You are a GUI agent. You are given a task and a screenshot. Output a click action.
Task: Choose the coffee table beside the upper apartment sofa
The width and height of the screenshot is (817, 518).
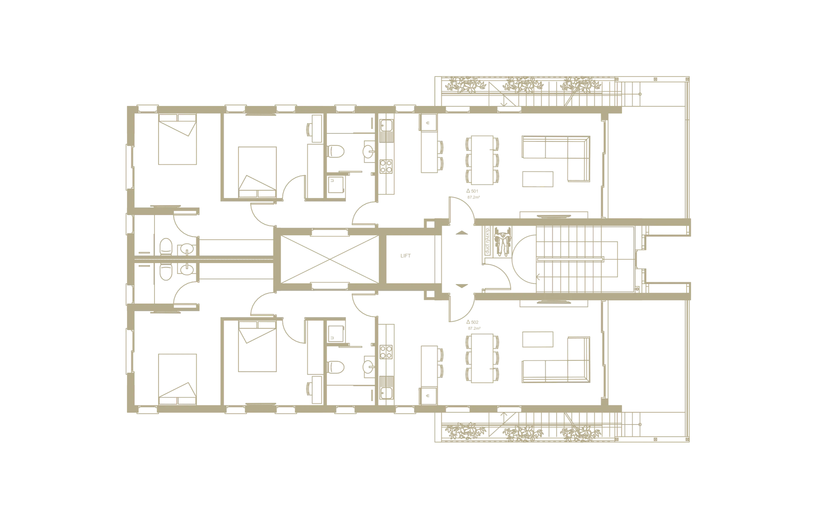pyautogui.click(x=537, y=180)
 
